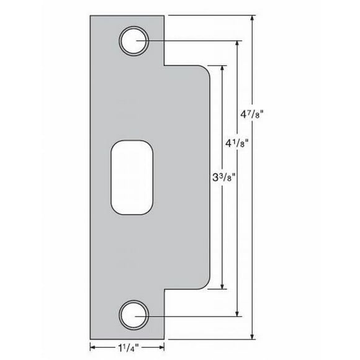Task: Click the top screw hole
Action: pos(134,42)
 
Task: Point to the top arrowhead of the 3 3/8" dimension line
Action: pos(222,66)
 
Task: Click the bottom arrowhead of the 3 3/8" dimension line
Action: pos(222,289)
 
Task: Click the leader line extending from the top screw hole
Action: pos(192,42)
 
